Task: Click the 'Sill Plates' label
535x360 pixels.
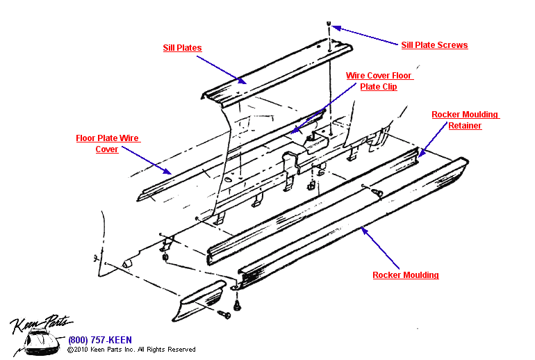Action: click(182, 48)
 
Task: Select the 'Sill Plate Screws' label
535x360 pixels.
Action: click(434, 45)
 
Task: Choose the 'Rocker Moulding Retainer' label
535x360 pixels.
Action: click(465, 120)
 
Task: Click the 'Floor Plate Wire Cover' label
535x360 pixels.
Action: click(108, 144)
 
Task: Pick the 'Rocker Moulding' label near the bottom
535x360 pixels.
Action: click(406, 275)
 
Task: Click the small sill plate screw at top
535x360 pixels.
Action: click(329, 25)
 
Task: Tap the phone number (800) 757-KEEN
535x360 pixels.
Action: click(99, 341)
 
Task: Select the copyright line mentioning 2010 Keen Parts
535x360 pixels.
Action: click(131, 350)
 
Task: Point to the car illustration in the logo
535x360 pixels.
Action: click(40, 342)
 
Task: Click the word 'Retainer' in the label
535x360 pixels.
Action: click(465, 126)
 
